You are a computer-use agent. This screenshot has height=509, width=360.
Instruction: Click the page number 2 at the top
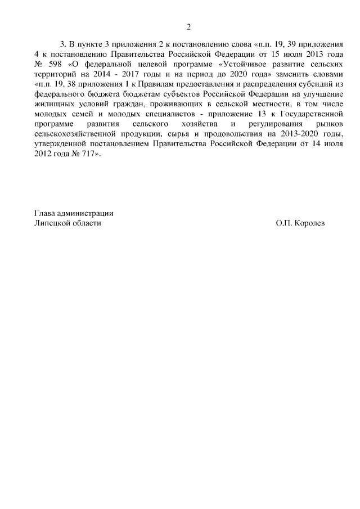coord(189,27)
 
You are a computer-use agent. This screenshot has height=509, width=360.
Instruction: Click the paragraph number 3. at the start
coord(62,43)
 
